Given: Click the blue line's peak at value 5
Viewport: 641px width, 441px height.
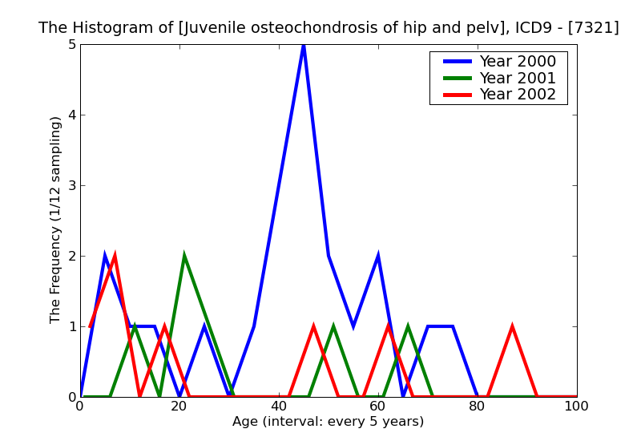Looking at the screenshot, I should (304, 45).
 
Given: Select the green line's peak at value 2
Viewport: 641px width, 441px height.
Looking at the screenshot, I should (184, 256).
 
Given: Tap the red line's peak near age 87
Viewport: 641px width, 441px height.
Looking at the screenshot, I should (512, 326).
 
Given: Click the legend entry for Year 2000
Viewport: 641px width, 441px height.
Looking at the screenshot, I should (517, 62).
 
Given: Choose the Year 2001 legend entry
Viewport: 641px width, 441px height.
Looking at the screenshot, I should (517, 78).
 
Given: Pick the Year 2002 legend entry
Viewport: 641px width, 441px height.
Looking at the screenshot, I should (517, 94).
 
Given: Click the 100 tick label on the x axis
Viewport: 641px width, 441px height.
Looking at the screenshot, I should (577, 406).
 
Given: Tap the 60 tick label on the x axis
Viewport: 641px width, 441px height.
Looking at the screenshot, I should (378, 406).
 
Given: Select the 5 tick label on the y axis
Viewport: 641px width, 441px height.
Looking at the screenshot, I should (72, 44).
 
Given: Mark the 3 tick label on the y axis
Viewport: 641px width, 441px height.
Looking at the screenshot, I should (72, 185).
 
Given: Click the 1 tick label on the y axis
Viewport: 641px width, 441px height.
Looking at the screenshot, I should (72, 326).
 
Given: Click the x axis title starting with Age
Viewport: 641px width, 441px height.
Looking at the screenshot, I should (328, 422).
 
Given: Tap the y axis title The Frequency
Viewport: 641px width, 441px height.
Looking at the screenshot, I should (56, 220).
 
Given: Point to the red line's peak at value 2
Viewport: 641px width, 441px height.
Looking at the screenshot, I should (115, 256).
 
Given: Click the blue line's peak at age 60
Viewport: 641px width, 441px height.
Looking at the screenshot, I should (378, 256).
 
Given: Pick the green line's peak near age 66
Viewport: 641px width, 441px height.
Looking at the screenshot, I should (408, 326).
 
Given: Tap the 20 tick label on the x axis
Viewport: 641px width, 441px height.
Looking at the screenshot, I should (179, 406).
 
